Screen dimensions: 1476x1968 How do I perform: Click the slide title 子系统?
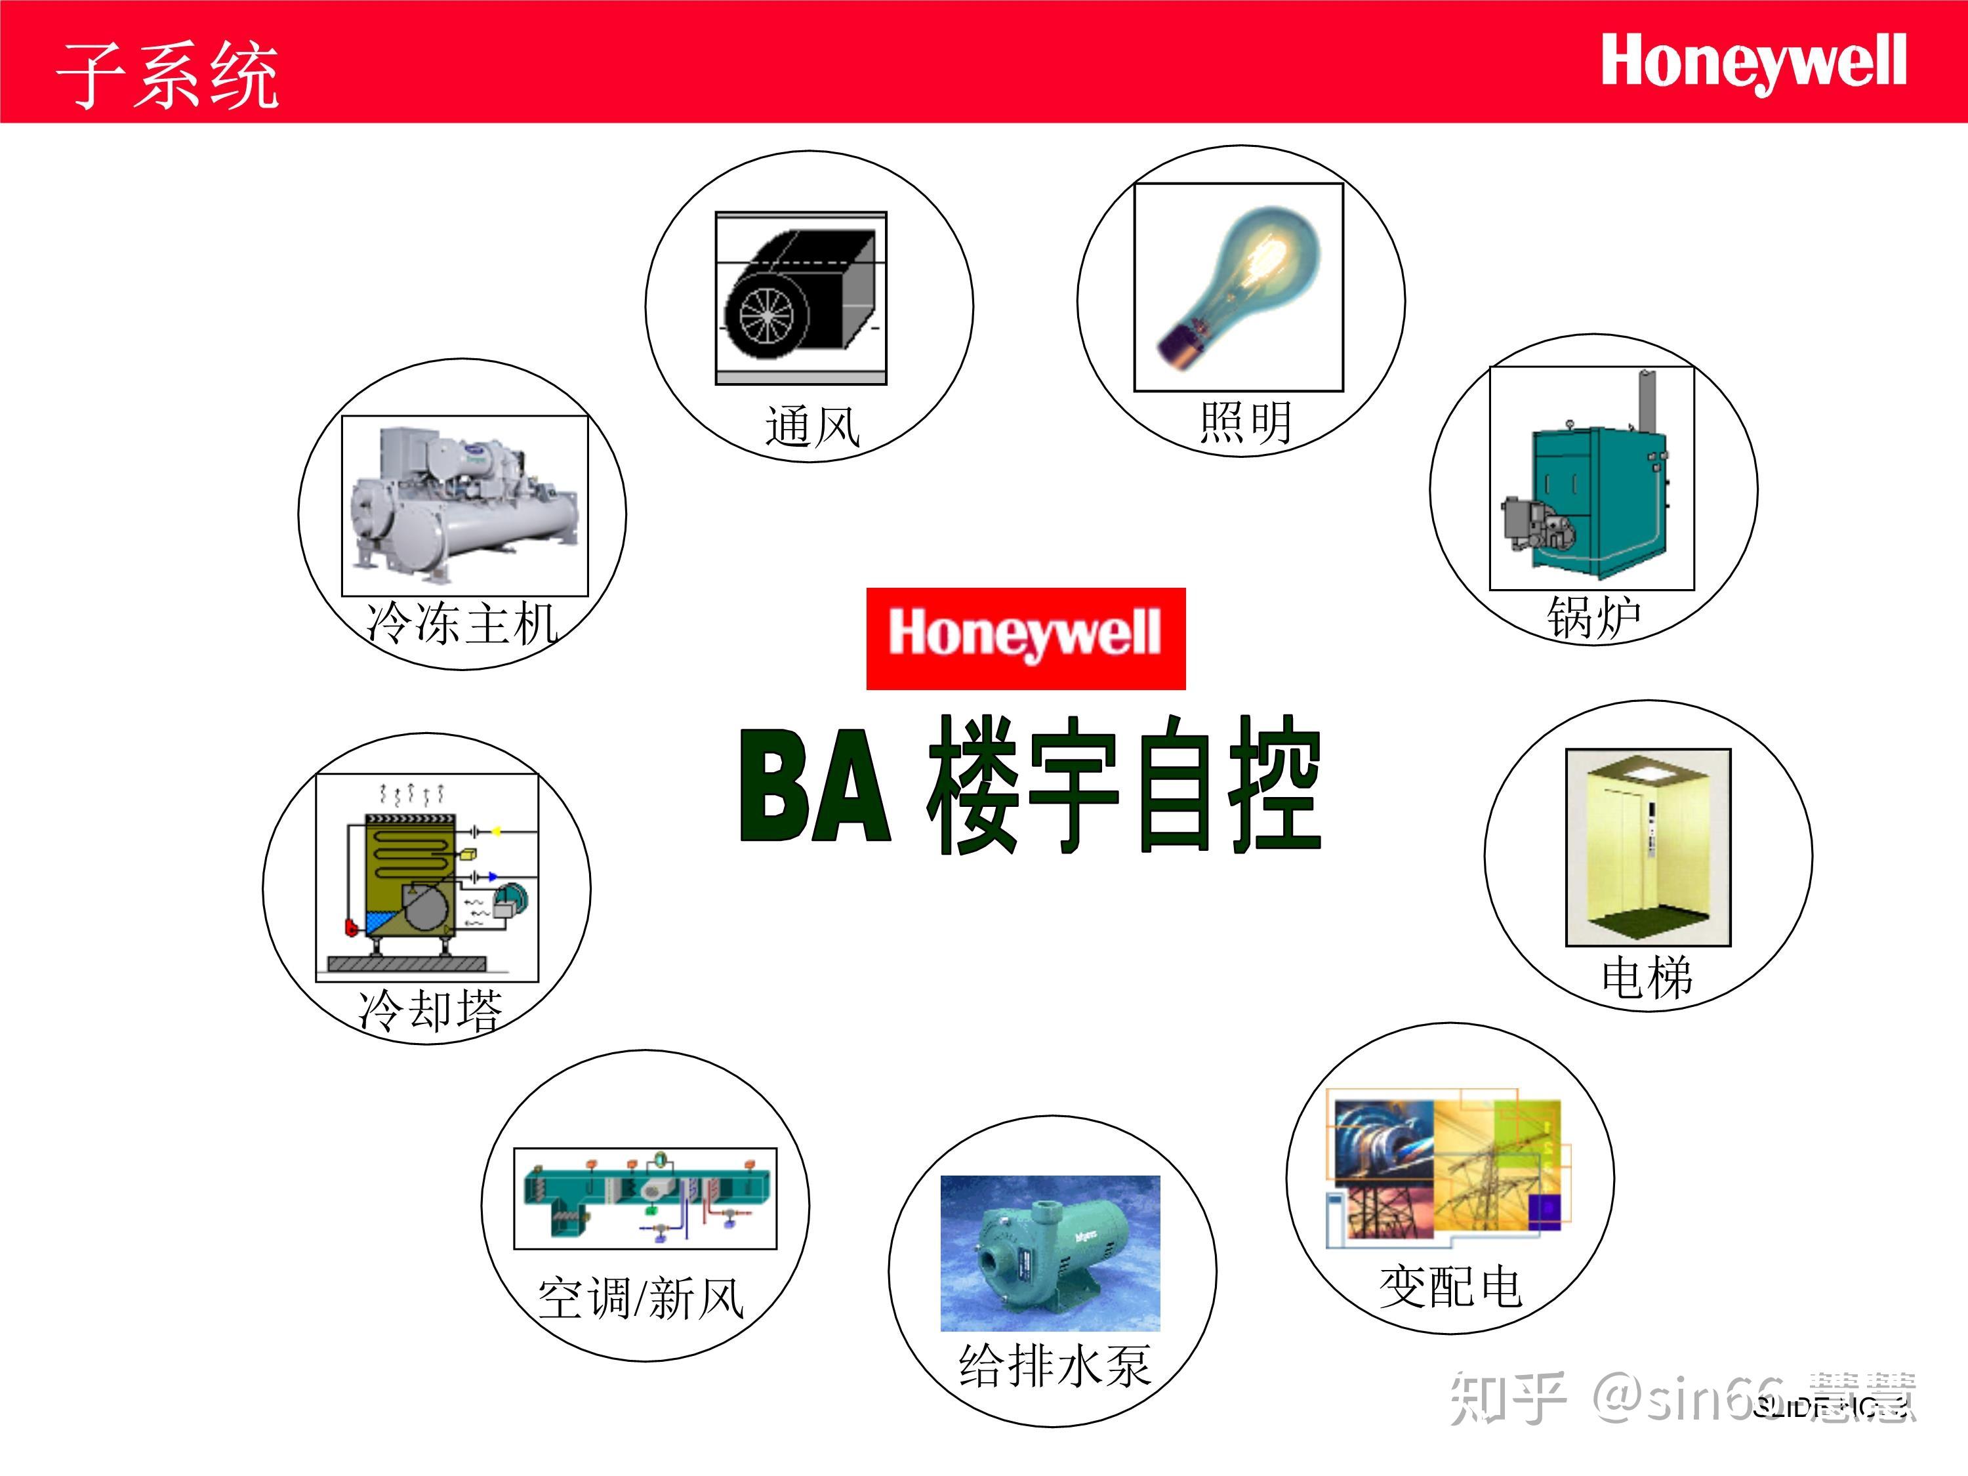point(167,75)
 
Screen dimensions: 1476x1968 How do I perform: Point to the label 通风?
point(811,426)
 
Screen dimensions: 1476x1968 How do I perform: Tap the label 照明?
point(1244,422)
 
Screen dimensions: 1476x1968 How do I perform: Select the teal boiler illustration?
point(1591,494)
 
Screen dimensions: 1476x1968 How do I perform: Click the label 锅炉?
point(1593,617)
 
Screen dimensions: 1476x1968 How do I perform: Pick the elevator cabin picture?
point(1648,847)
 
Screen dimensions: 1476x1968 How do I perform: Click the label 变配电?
point(1450,1286)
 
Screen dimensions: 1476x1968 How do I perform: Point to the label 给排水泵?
point(1054,1366)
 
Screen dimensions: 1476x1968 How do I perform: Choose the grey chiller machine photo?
point(464,504)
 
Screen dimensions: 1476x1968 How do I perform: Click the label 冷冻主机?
point(462,622)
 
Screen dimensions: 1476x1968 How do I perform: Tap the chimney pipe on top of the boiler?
point(1649,402)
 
